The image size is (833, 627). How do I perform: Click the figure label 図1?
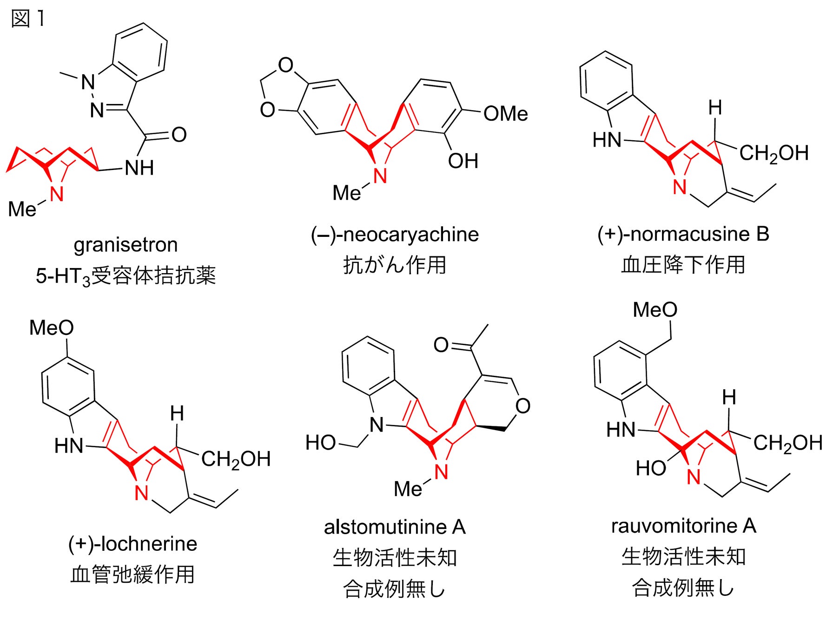[x=28, y=19]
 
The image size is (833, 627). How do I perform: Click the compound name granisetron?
[x=126, y=245]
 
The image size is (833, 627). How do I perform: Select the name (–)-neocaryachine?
[x=395, y=235]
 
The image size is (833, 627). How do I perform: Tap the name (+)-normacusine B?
[x=683, y=234]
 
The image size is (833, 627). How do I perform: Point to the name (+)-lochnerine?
[x=132, y=543]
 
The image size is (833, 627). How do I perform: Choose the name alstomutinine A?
[x=395, y=527]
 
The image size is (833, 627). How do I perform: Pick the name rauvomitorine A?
[x=683, y=526]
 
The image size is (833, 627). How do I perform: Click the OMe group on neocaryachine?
[x=505, y=114]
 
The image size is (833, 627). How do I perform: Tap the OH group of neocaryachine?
[x=463, y=161]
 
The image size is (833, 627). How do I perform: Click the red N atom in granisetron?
[x=56, y=194]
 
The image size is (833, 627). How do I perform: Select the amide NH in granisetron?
[x=139, y=168]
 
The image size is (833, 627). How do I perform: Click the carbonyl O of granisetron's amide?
[x=179, y=135]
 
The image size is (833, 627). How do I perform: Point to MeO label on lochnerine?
[x=51, y=328]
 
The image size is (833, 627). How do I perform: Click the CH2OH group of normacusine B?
[x=773, y=153]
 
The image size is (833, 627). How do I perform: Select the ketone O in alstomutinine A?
[x=441, y=345]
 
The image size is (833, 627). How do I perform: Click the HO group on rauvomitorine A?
[x=651, y=468]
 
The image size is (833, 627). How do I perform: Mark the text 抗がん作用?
[x=395, y=265]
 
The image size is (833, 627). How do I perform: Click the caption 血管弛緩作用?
[x=132, y=575]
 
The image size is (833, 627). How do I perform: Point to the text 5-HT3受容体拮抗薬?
[x=126, y=276]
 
